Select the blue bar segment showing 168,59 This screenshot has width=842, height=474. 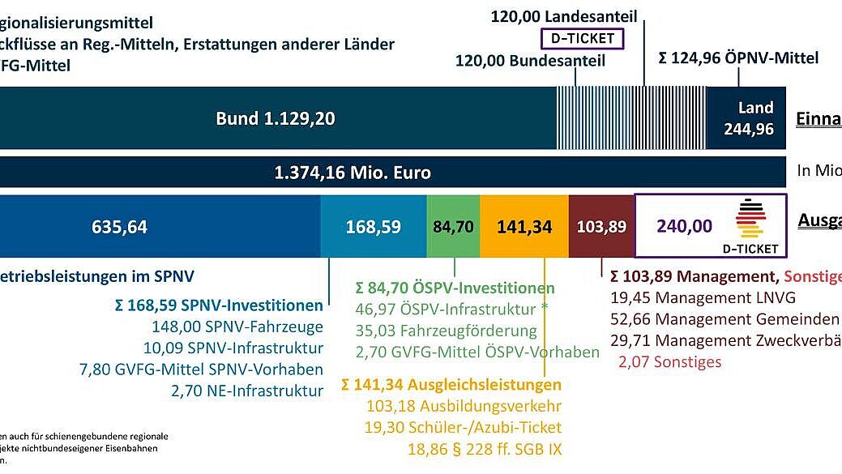click(373, 227)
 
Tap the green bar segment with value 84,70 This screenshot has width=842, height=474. click(453, 227)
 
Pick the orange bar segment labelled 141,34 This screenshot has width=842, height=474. click(524, 227)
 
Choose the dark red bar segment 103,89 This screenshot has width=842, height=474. click(601, 227)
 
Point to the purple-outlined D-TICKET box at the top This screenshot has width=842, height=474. click(581, 38)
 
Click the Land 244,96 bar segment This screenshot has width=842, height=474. click(750, 118)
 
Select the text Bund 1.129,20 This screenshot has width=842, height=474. click(276, 118)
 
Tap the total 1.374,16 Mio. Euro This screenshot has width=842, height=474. click(353, 173)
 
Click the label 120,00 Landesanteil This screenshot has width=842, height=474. click(564, 16)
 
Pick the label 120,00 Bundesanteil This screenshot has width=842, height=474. click(530, 61)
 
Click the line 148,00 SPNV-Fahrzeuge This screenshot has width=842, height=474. click(237, 327)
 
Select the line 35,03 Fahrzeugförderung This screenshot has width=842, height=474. click(446, 331)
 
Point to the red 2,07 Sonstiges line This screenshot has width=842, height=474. click(669, 361)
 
